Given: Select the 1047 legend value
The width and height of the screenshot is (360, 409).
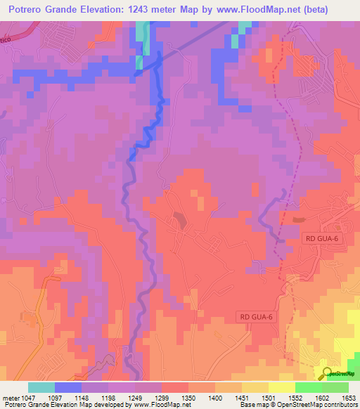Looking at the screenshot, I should click(x=27, y=397).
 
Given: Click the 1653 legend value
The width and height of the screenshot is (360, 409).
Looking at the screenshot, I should click(x=348, y=397).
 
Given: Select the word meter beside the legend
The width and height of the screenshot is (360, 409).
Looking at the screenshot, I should click(x=9, y=397).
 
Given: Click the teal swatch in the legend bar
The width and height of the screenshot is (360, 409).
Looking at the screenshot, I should click(x=41, y=387).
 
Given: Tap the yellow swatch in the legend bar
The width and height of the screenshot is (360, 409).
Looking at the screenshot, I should click(x=281, y=387).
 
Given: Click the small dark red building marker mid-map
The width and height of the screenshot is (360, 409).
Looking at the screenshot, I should click(x=181, y=220).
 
